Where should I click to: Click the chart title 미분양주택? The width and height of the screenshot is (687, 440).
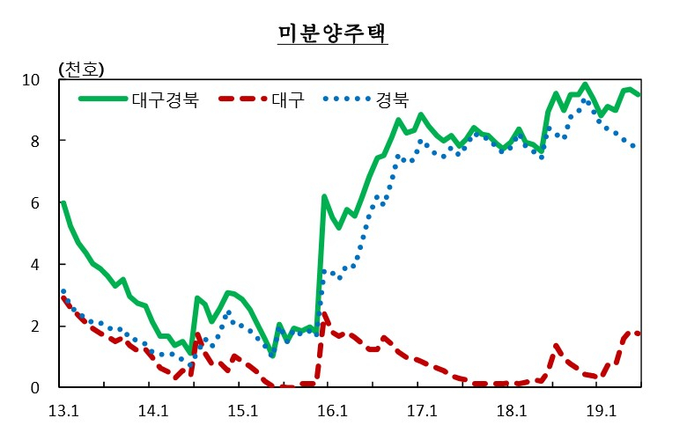point(333,33)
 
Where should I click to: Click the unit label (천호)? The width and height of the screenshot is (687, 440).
point(81,70)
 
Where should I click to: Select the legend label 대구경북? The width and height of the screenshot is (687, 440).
point(166,99)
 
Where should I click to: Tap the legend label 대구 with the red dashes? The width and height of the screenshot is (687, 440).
point(287,99)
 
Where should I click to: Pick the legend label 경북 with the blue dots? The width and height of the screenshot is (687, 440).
point(392,99)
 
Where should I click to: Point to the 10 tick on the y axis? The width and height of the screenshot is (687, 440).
point(31,80)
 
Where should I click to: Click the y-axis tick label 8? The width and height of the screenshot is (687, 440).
point(34,142)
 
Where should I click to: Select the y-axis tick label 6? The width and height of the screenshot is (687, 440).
point(34,203)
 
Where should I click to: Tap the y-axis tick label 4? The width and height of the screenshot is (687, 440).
point(34,265)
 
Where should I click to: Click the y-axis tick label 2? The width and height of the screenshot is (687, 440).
point(34,326)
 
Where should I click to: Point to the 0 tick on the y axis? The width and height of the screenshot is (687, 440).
point(34,388)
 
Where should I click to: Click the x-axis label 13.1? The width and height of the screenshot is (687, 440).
point(63,412)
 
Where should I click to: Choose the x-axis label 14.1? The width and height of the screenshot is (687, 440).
point(153,412)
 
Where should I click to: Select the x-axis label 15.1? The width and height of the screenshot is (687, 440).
point(243,412)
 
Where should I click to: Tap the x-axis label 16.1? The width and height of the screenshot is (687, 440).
point(332,412)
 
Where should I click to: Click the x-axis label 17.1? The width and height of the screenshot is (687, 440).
point(422,412)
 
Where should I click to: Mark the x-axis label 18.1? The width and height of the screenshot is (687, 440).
point(512,412)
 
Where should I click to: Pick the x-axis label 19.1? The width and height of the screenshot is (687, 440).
point(601,412)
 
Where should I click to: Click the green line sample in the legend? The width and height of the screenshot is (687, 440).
point(103,99)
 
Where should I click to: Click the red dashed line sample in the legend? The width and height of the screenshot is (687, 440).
point(243,99)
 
